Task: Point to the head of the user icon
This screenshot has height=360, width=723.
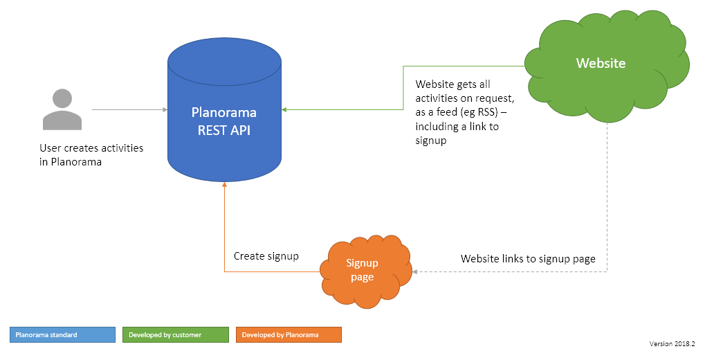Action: click(x=62, y=98)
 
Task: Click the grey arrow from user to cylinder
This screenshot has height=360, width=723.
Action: click(x=129, y=109)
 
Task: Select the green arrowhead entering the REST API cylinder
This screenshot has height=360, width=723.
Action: click(x=285, y=109)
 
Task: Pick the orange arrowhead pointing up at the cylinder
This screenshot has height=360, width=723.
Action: click(x=224, y=186)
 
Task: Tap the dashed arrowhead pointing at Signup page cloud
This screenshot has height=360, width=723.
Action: click(x=417, y=271)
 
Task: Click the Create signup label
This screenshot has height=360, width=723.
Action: click(x=266, y=256)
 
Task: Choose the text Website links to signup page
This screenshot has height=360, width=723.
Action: click(x=529, y=259)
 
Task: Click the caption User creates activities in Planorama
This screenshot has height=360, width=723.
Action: click(x=91, y=155)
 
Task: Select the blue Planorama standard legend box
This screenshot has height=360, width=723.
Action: click(x=62, y=335)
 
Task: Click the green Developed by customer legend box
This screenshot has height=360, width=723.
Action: click(x=175, y=335)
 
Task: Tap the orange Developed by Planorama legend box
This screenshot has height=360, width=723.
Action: click(x=289, y=335)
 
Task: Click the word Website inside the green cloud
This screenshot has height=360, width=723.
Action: click(x=601, y=63)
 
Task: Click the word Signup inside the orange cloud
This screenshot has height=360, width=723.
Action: click(x=362, y=263)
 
